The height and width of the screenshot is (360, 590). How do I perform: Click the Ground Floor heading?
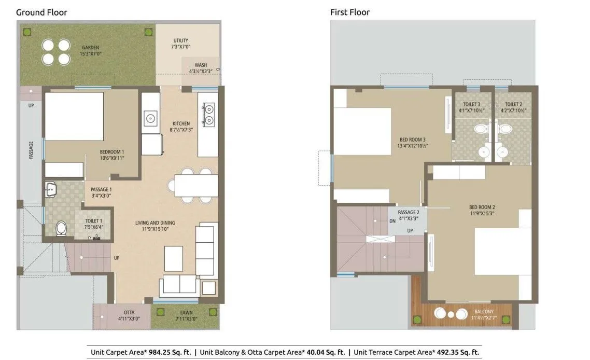(41, 12)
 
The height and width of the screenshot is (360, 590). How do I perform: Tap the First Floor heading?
(349, 12)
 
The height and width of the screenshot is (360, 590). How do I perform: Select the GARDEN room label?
(90, 50)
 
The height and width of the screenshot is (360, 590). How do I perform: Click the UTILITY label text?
(181, 44)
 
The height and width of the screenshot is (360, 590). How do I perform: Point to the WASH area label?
(201, 68)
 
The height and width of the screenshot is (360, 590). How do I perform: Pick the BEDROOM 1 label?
(112, 155)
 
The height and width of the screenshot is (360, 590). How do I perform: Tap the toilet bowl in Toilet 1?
(61, 228)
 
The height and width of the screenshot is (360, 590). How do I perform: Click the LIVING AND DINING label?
(155, 226)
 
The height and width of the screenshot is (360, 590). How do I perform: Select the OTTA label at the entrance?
(129, 315)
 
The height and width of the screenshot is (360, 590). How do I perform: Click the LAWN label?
(187, 315)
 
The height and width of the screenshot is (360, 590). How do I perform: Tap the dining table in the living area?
(196, 186)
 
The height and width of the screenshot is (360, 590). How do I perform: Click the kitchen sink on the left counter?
(150, 118)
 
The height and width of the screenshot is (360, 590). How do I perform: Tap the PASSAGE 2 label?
(408, 215)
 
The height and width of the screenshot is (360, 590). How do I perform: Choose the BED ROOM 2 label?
(482, 210)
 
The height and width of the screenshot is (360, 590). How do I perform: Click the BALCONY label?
(484, 315)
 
